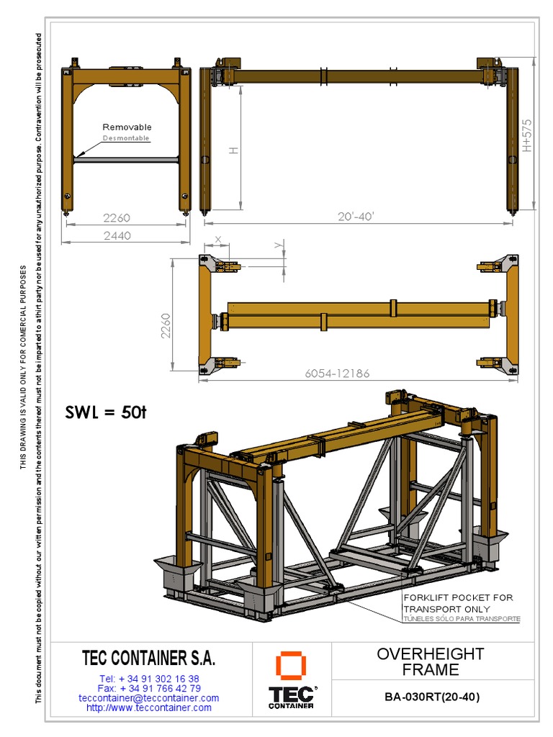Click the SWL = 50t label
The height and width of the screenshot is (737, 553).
(x=106, y=412)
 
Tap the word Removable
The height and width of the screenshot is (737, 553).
(x=127, y=127)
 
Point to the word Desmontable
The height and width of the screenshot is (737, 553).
(x=126, y=137)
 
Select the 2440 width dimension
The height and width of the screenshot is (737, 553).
(x=117, y=235)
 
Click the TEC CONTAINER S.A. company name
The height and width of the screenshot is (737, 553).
(x=149, y=658)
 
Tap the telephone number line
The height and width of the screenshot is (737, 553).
(x=149, y=679)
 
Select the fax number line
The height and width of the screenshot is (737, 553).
(x=149, y=688)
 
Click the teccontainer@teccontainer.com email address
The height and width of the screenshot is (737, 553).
(x=149, y=698)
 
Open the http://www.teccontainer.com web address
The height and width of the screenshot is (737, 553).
(x=149, y=707)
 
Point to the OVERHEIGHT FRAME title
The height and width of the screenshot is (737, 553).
(x=431, y=661)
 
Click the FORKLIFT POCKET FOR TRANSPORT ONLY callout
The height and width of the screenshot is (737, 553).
(x=458, y=602)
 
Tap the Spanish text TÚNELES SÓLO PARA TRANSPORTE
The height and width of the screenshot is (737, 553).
(x=461, y=619)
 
